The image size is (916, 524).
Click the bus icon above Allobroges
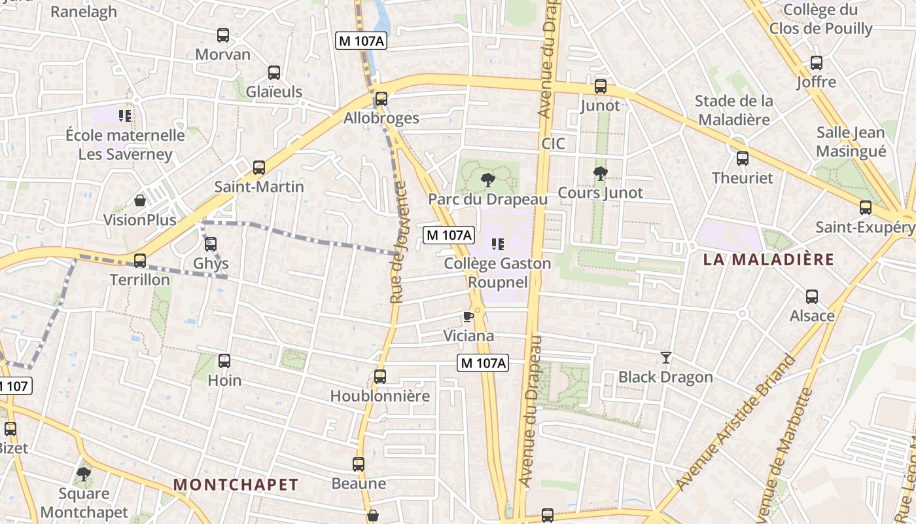(x=381, y=99)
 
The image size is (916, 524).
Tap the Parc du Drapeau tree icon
(x=487, y=179)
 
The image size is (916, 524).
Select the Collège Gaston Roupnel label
(x=497, y=272)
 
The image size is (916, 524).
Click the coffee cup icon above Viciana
(x=468, y=317)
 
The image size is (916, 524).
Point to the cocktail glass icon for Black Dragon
(x=666, y=358)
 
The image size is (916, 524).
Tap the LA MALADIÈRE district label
(x=769, y=259)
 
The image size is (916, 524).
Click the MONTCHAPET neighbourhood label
(x=236, y=485)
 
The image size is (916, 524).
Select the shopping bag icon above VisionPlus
(x=140, y=200)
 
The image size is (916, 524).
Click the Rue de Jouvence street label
(x=397, y=242)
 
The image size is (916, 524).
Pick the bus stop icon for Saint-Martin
(x=259, y=168)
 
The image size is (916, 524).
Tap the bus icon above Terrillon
(x=140, y=261)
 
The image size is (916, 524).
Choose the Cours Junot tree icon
(x=600, y=174)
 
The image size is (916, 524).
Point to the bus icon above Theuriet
(x=742, y=159)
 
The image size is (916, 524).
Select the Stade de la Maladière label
(x=733, y=110)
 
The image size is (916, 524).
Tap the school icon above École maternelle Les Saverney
(x=125, y=116)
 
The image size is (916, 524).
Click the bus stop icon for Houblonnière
(x=380, y=377)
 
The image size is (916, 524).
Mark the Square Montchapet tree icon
(x=83, y=474)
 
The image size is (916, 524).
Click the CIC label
(x=553, y=143)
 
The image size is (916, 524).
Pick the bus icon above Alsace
(x=812, y=297)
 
